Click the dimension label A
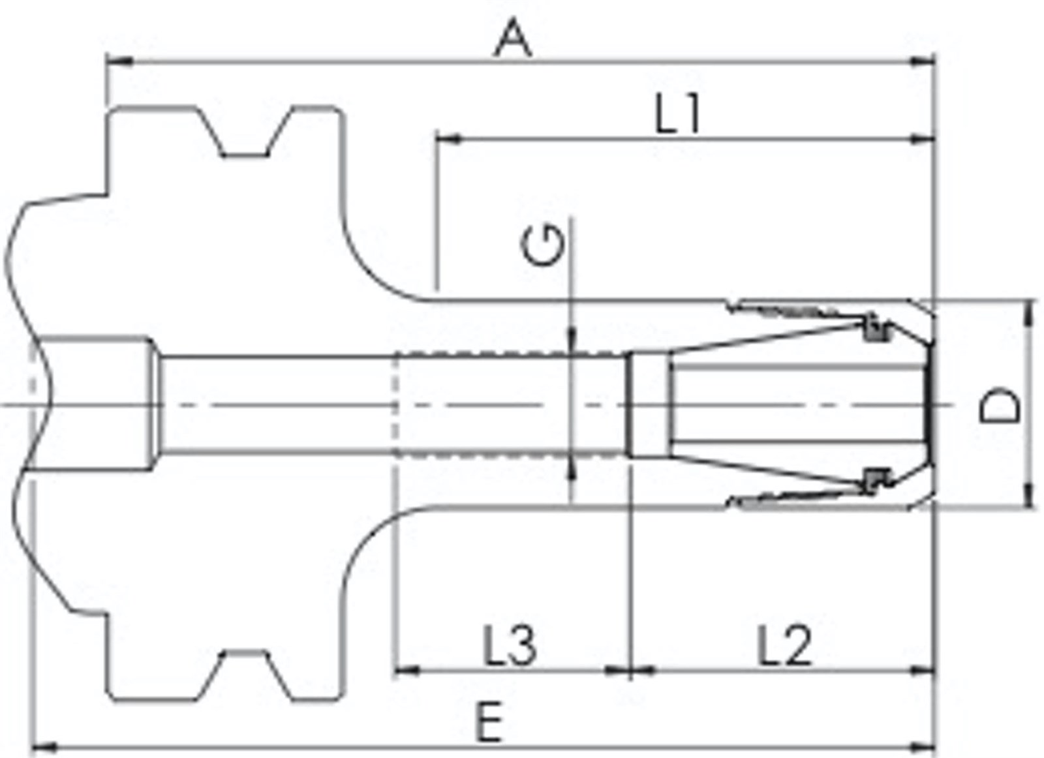click(513, 37)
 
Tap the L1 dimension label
click(678, 114)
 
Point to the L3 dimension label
click(510, 645)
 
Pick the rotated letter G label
click(542, 245)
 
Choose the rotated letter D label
click(999, 404)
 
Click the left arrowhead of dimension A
click(120, 61)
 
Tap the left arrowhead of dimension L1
click(448, 139)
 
